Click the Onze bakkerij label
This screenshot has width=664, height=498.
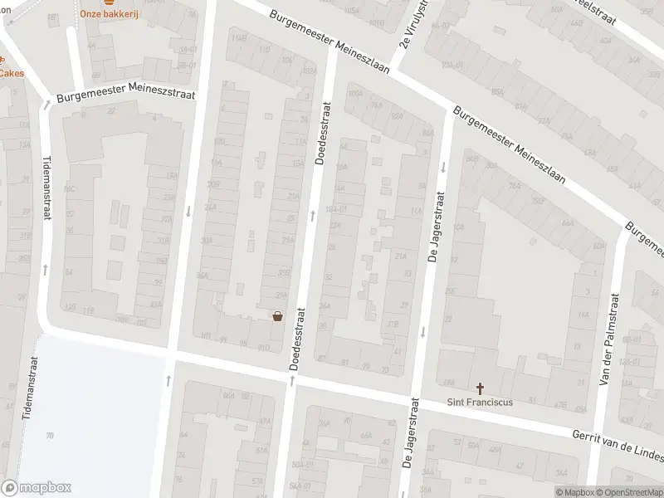(x=108, y=13)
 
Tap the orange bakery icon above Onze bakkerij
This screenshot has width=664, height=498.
(x=108, y=2)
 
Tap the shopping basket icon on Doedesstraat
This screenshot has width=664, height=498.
(x=278, y=315)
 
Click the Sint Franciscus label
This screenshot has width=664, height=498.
(x=480, y=403)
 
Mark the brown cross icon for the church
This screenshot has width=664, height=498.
(x=480, y=388)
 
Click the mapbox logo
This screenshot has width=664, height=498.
(x=37, y=488)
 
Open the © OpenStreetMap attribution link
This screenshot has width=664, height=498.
(x=627, y=491)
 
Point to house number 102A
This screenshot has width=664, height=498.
(x=310, y=71)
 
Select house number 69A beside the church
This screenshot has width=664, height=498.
(x=449, y=382)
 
